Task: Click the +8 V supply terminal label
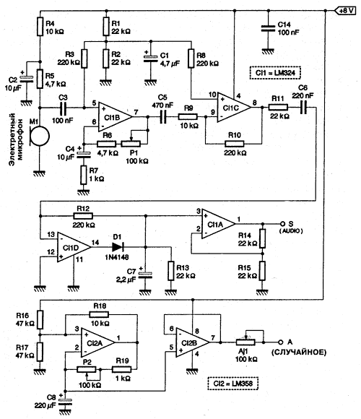click(x=345, y=11)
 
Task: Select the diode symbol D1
click(x=118, y=247)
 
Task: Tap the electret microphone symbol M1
click(x=39, y=136)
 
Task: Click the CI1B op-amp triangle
click(x=116, y=117)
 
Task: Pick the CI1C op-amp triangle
click(x=234, y=108)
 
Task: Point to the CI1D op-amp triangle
click(x=74, y=247)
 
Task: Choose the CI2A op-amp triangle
click(x=97, y=342)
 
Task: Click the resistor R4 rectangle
click(x=40, y=27)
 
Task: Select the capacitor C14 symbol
click(x=268, y=29)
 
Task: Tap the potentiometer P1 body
click(x=131, y=144)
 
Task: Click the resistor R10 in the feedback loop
click(x=234, y=144)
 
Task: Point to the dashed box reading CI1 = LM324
click(x=275, y=73)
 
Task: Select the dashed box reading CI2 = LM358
click(x=232, y=384)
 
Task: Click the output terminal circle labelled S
click(x=282, y=224)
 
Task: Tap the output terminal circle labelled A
click(x=280, y=342)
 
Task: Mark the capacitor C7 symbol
click(x=145, y=275)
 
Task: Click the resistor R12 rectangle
click(x=83, y=216)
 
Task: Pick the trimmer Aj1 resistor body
click(x=245, y=342)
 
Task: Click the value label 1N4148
click(x=117, y=257)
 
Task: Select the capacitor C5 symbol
click(x=163, y=117)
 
